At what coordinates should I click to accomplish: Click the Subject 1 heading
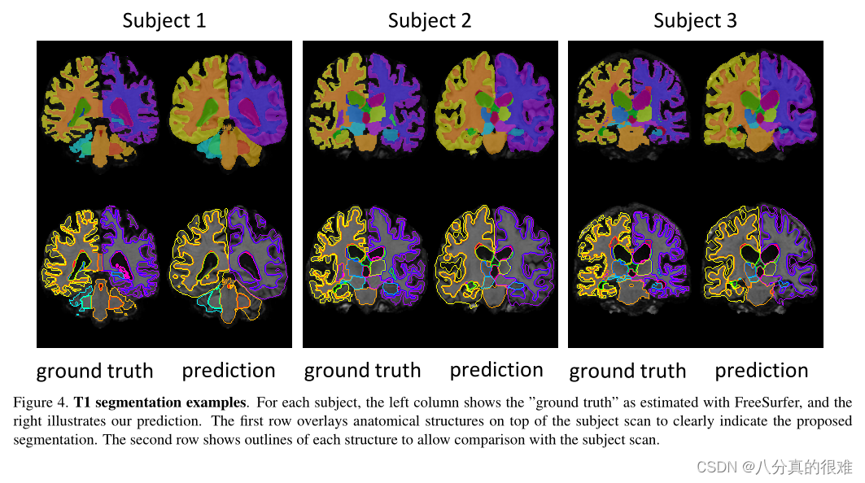(x=164, y=20)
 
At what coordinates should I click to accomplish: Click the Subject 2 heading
(x=430, y=20)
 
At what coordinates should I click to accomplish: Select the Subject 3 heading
(x=695, y=20)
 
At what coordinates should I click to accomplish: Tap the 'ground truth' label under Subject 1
(x=94, y=372)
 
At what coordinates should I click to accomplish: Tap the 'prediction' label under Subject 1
(x=229, y=371)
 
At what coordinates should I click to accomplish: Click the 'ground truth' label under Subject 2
(x=362, y=371)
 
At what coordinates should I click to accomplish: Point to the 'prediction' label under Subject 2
(x=496, y=370)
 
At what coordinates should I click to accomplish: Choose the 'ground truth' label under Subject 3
(x=627, y=372)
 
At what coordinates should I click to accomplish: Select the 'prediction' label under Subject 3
(x=762, y=371)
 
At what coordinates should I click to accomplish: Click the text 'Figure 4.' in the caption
(x=41, y=402)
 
